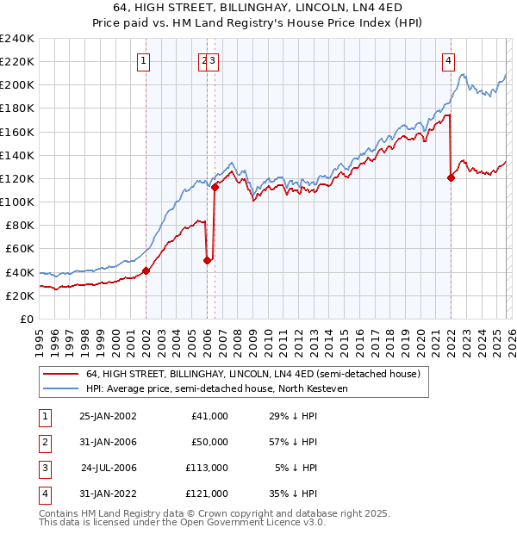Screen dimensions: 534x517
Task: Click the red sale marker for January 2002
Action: click(146, 270)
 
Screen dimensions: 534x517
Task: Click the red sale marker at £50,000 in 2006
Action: click(208, 260)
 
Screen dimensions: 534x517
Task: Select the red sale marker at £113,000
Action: click(215, 187)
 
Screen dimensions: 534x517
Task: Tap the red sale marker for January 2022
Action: click(451, 177)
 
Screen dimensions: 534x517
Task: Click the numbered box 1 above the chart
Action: click(143, 60)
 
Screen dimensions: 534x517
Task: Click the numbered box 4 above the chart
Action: click(449, 60)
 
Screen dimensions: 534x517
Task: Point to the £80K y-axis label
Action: click(19, 225)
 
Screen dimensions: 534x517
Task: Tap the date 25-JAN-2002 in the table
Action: click(108, 416)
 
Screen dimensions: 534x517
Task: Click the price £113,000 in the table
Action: click(208, 468)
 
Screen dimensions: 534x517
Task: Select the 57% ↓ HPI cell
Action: click(292, 442)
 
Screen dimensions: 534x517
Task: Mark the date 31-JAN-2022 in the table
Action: click(108, 494)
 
